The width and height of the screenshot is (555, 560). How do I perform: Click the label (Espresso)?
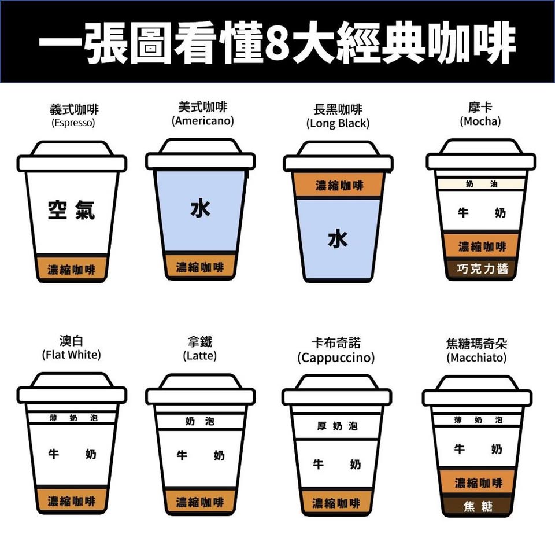coord(73,123)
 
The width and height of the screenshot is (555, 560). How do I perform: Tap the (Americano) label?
coord(203,121)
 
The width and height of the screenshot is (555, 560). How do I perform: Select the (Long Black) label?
coord(338,123)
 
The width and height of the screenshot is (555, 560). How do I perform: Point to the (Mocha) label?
coord(480,121)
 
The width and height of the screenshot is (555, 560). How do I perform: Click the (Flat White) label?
coord(71,355)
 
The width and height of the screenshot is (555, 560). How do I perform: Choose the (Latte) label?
coord(200,356)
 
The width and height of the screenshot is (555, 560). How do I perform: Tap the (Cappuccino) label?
coord(336,358)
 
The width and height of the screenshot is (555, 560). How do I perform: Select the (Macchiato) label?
coord(476,358)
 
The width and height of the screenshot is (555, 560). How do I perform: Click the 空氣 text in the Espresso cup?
coord(71,209)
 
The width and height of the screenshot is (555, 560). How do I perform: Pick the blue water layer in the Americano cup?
coord(201,211)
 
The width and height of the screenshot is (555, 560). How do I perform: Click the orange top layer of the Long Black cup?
coord(338,185)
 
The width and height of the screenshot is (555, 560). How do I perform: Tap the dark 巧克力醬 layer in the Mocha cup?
coord(482,268)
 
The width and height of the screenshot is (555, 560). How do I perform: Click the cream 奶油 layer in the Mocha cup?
coord(481,184)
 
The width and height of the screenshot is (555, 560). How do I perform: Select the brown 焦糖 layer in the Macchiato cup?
coord(478,506)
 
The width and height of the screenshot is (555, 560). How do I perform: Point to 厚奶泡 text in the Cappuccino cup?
coord(337,426)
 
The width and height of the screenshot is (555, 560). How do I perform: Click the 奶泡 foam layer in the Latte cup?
coord(200,421)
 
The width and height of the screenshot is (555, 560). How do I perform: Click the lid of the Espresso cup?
coord(72,156)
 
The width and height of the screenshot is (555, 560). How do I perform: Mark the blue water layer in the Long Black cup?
coord(338,238)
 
